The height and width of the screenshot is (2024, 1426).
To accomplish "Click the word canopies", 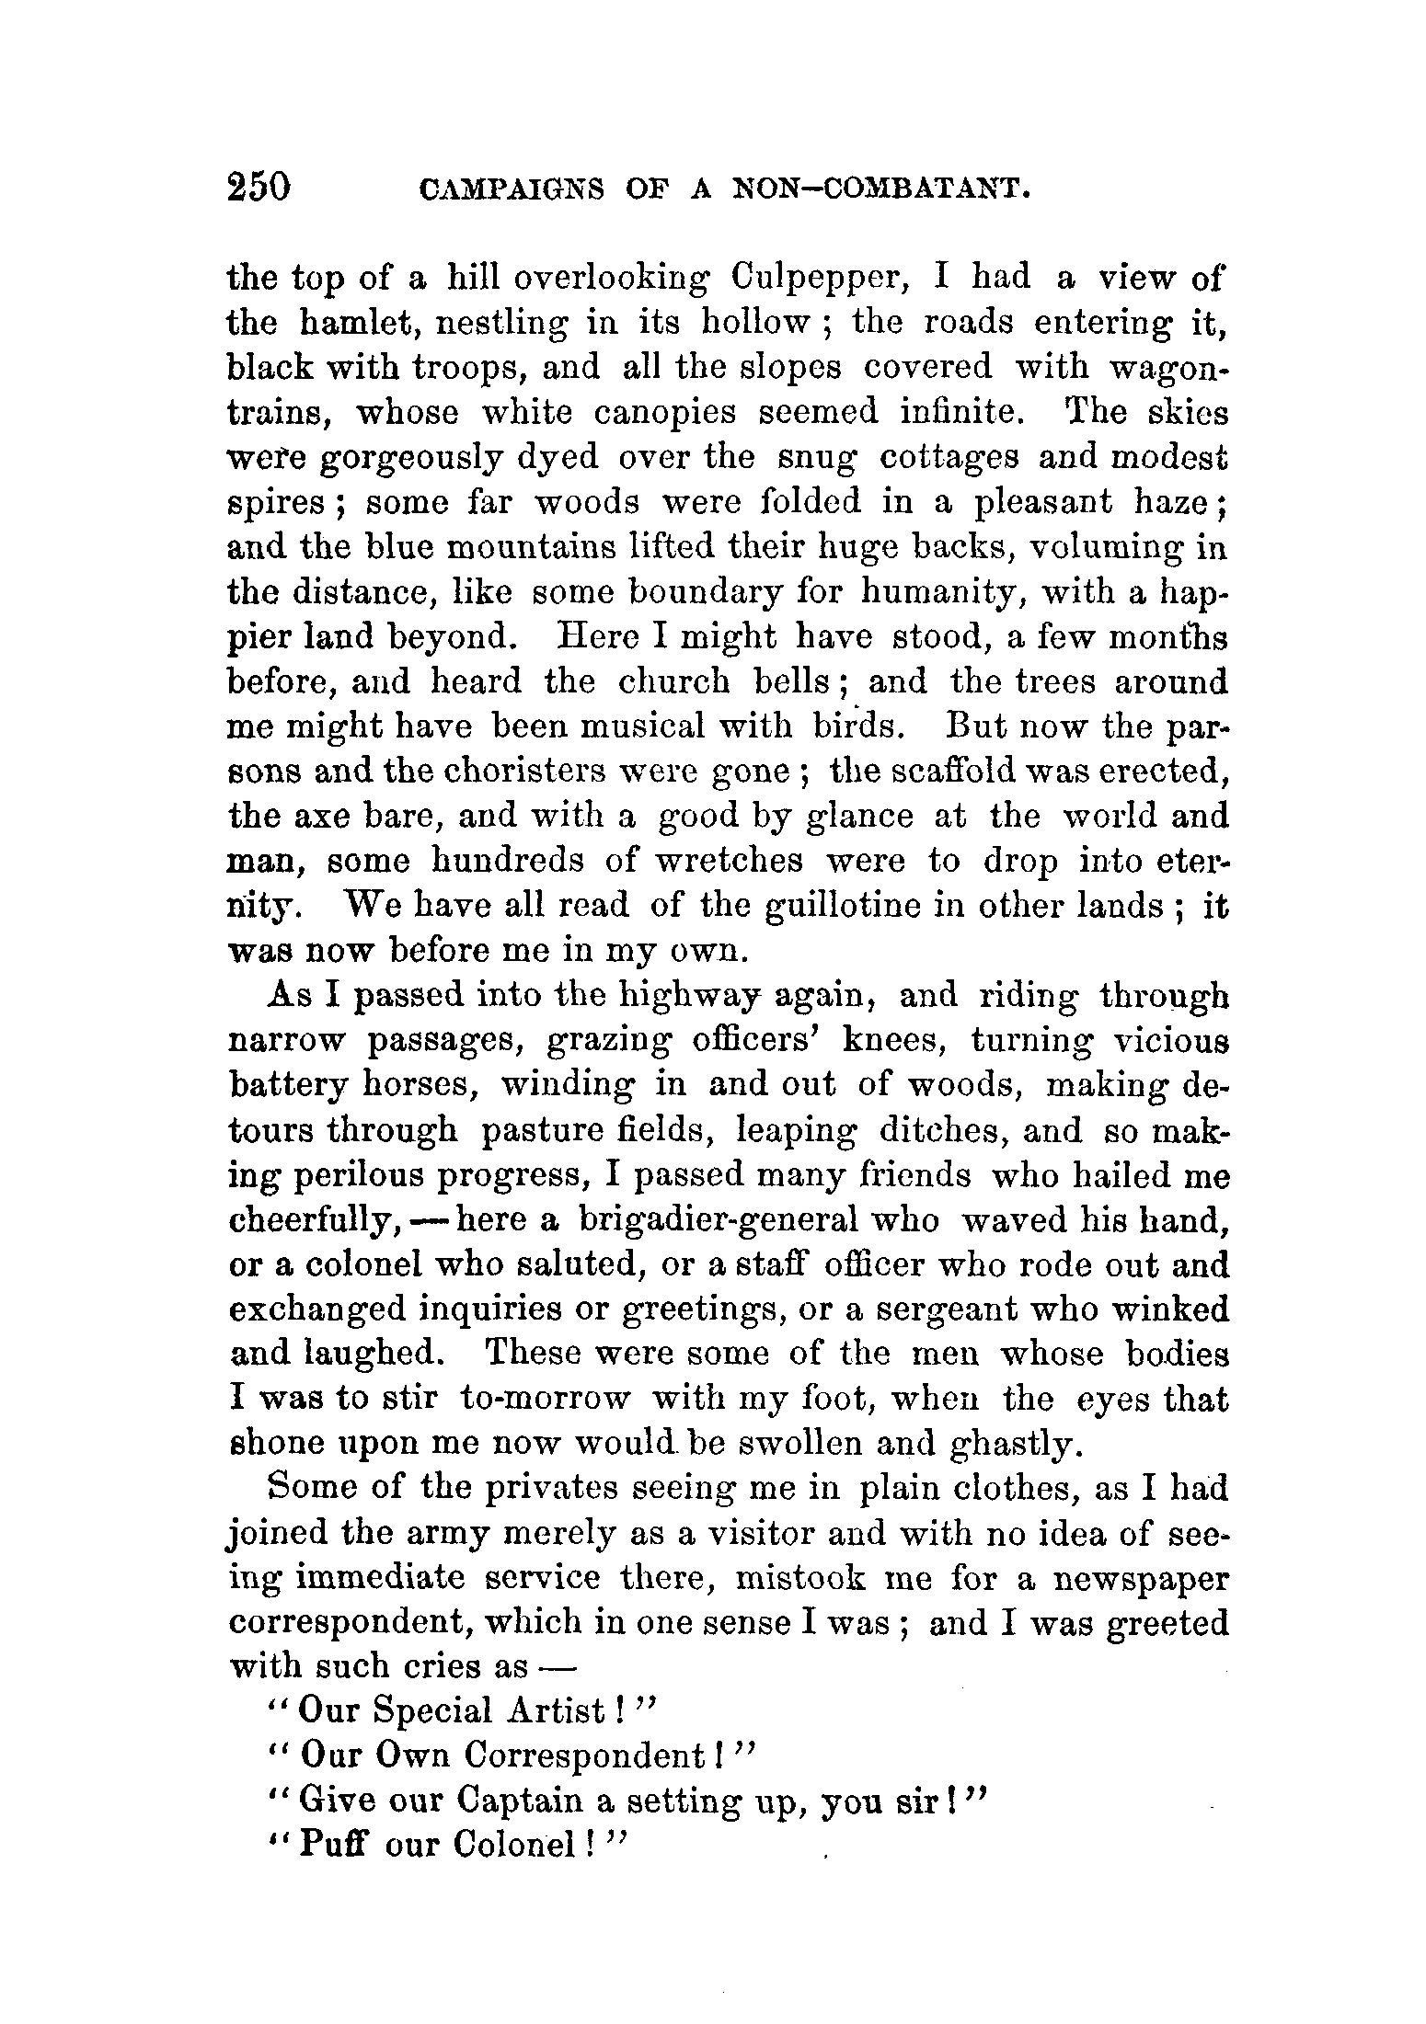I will pos(664,413).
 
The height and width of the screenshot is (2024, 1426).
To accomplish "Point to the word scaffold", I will pos(936,772).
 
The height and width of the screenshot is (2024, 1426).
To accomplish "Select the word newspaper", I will pos(1141,1581).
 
